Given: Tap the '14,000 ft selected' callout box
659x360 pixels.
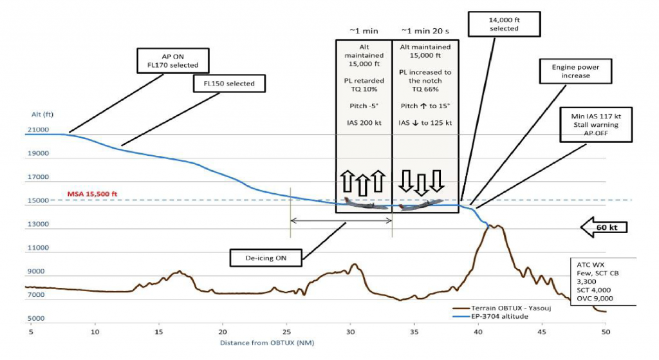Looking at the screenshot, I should pyautogui.click(x=504, y=24).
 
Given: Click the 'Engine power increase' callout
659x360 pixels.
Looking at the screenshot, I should pyautogui.click(x=571, y=71).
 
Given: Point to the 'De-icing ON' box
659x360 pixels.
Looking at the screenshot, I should pyautogui.click(x=266, y=258).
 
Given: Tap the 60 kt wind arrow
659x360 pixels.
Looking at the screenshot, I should pyautogui.click(x=604, y=227).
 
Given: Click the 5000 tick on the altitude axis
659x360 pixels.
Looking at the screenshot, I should pyautogui.click(x=37, y=319).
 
